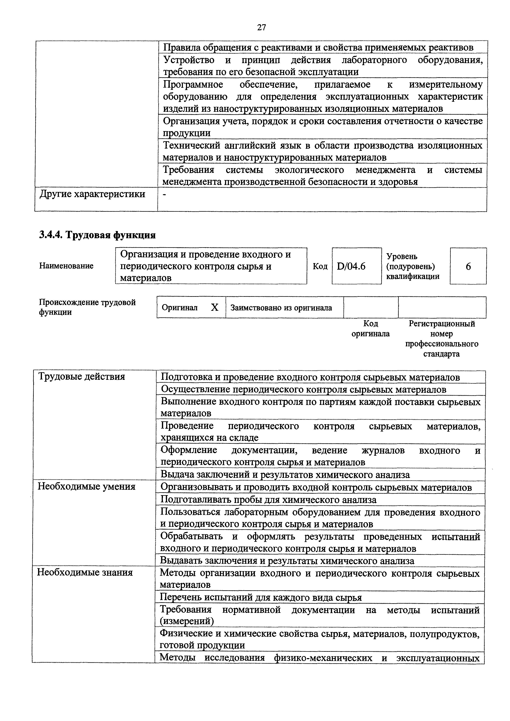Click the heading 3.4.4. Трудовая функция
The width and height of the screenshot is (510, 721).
[97, 235]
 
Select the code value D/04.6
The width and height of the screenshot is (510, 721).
[351, 266]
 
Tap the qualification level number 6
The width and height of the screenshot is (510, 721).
[468, 267]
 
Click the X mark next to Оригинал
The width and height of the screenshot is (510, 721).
[214, 307]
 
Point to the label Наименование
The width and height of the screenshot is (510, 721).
[66, 266]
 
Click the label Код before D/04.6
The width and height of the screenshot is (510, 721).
[320, 266]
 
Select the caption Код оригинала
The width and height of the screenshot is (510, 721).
[371, 328]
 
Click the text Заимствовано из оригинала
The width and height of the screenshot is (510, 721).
[281, 308]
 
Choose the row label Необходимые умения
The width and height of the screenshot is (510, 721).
[86, 486]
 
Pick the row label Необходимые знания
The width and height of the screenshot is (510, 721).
[85, 572]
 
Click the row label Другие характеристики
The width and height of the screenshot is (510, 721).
[92, 194]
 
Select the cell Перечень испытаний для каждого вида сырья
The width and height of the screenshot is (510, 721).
[261, 597]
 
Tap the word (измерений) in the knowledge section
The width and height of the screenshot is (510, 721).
[187, 621]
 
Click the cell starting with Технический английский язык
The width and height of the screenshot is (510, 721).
[322, 151]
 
